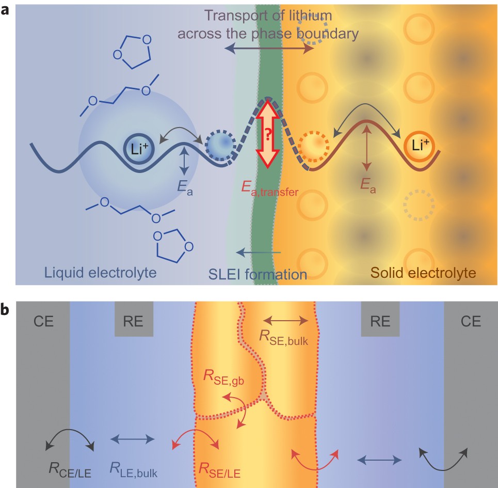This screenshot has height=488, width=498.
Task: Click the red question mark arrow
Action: pos(268,134)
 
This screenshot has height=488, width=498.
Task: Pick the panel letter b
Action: pos(6,310)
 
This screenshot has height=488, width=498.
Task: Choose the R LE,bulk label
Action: pos(133,469)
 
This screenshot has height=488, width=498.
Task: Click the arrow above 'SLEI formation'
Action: pos(259,253)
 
